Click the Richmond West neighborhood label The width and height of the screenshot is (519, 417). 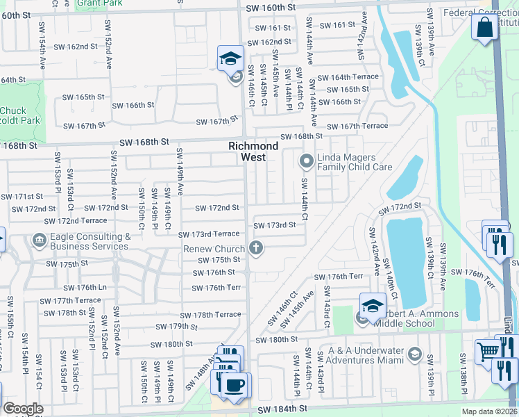coord(254,152)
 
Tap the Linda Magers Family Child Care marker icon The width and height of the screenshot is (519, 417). coord(306,161)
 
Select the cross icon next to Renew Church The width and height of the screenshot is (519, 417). coord(256,248)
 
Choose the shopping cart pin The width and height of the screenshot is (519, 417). coord(488,352)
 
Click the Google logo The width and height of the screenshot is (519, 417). coord(23,409)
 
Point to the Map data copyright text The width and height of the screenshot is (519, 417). coord(488,411)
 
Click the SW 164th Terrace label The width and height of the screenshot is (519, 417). coord(348,77)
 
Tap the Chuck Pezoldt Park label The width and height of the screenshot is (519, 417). coord(14,115)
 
